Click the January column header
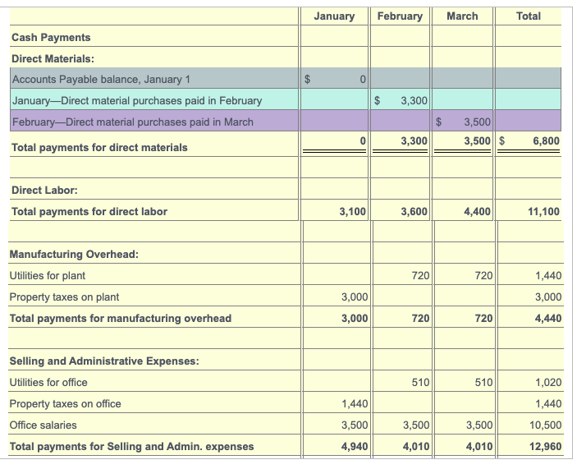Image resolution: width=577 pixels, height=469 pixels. pyautogui.click(x=334, y=16)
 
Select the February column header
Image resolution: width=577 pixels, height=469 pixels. pyautogui.click(x=400, y=16)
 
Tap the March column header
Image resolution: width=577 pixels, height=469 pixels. pyautogui.click(x=462, y=16)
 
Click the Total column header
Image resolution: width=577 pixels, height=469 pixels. pyautogui.click(x=529, y=16)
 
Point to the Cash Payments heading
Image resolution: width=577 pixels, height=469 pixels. pyautogui.click(x=51, y=38)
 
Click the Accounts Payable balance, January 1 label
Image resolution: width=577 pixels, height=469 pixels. pyautogui.click(x=101, y=80)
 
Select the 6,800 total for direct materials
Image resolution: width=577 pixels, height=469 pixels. pyautogui.click(x=546, y=141)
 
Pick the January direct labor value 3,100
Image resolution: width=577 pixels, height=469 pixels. pyautogui.click(x=352, y=212)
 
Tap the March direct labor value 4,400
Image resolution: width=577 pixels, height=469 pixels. pyautogui.click(x=477, y=212)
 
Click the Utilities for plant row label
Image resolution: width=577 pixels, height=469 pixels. pyautogui.click(x=47, y=276)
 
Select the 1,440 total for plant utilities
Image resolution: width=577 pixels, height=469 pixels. pyautogui.click(x=547, y=276)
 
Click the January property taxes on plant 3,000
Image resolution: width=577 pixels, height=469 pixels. pyautogui.click(x=353, y=297)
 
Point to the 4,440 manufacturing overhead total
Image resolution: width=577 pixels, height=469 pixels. pyautogui.click(x=547, y=319)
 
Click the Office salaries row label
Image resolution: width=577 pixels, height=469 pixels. pyautogui.click(x=43, y=425)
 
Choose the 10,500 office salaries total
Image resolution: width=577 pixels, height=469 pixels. pyautogui.click(x=546, y=425)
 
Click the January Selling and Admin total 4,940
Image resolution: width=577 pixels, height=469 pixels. pyautogui.click(x=353, y=447)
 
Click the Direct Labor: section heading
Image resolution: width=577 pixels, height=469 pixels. pyautogui.click(x=44, y=191)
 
